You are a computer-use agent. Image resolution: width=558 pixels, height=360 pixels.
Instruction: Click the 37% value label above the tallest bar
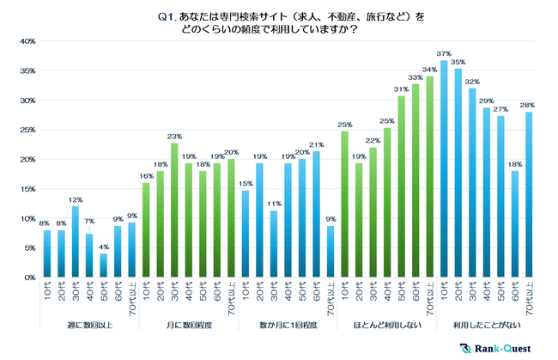pyautogui.click(x=443, y=53)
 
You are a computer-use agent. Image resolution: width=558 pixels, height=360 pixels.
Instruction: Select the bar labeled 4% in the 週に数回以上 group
pyautogui.click(x=103, y=265)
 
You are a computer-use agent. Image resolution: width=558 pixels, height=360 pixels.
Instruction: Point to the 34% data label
pyautogui.click(x=429, y=70)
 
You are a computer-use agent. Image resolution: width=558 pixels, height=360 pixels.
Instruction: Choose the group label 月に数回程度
pyautogui.click(x=186, y=326)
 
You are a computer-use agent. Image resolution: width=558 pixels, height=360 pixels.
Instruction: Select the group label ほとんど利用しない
pyautogui.click(x=386, y=326)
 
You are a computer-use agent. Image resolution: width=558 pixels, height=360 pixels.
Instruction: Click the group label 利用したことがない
pyautogui.click(x=486, y=326)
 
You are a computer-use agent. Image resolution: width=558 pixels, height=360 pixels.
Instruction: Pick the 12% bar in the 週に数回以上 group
pyautogui.click(x=76, y=242)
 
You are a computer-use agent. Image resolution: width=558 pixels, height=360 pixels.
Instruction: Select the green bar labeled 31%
pyautogui.click(x=402, y=186)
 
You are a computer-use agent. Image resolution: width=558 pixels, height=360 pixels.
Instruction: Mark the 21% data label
pyautogui.click(x=316, y=144)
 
